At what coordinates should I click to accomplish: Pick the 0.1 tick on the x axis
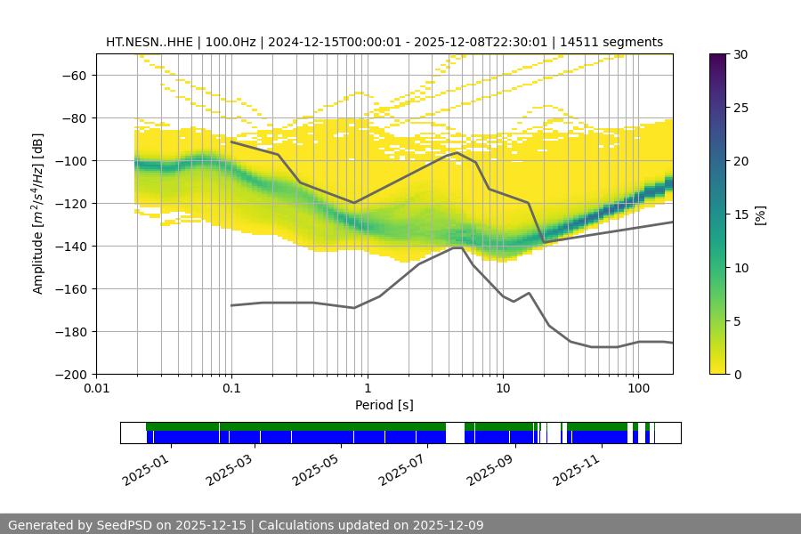pyautogui.click(x=231, y=374)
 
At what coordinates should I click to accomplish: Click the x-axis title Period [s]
pyautogui.click(x=384, y=405)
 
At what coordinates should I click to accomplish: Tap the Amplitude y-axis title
pyautogui.click(x=37, y=214)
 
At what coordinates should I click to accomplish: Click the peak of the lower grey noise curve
pyautogui.click(x=457, y=247)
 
